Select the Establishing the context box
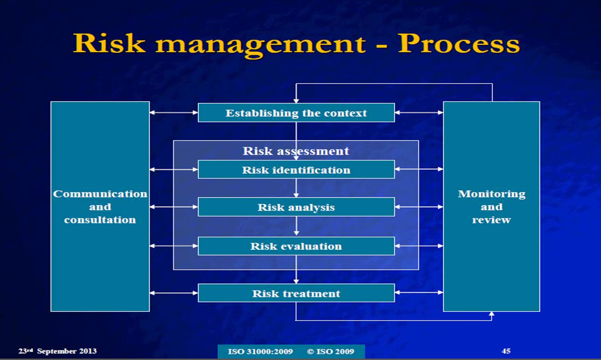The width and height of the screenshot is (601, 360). [x=296, y=113]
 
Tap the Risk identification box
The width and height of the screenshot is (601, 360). [x=296, y=170]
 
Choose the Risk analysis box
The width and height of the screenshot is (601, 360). [x=296, y=207]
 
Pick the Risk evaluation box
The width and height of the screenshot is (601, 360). [x=296, y=246]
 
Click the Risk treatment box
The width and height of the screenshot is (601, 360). [x=296, y=293]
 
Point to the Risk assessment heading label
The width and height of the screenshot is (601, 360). [x=296, y=151]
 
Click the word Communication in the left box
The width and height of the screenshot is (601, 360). [x=100, y=194]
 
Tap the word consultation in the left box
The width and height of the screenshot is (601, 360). [x=100, y=219]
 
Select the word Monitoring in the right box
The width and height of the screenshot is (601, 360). [x=491, y=194]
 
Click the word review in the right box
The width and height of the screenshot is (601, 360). [x=491, y=219]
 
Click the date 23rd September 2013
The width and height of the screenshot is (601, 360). [x=57, y=351]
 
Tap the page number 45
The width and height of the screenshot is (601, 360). [x=506, y=351]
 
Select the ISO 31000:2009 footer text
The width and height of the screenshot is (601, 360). [x=260, y=352]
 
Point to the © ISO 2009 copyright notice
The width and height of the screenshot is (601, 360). [x=330, y=352]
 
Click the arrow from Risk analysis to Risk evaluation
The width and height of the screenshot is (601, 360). [x=296, y=226]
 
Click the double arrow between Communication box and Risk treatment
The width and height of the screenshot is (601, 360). [x=174, y=293]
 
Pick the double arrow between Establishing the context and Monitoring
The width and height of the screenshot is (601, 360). [x=419, y=113]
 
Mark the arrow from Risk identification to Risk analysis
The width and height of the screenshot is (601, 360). [x=296, y=188]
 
